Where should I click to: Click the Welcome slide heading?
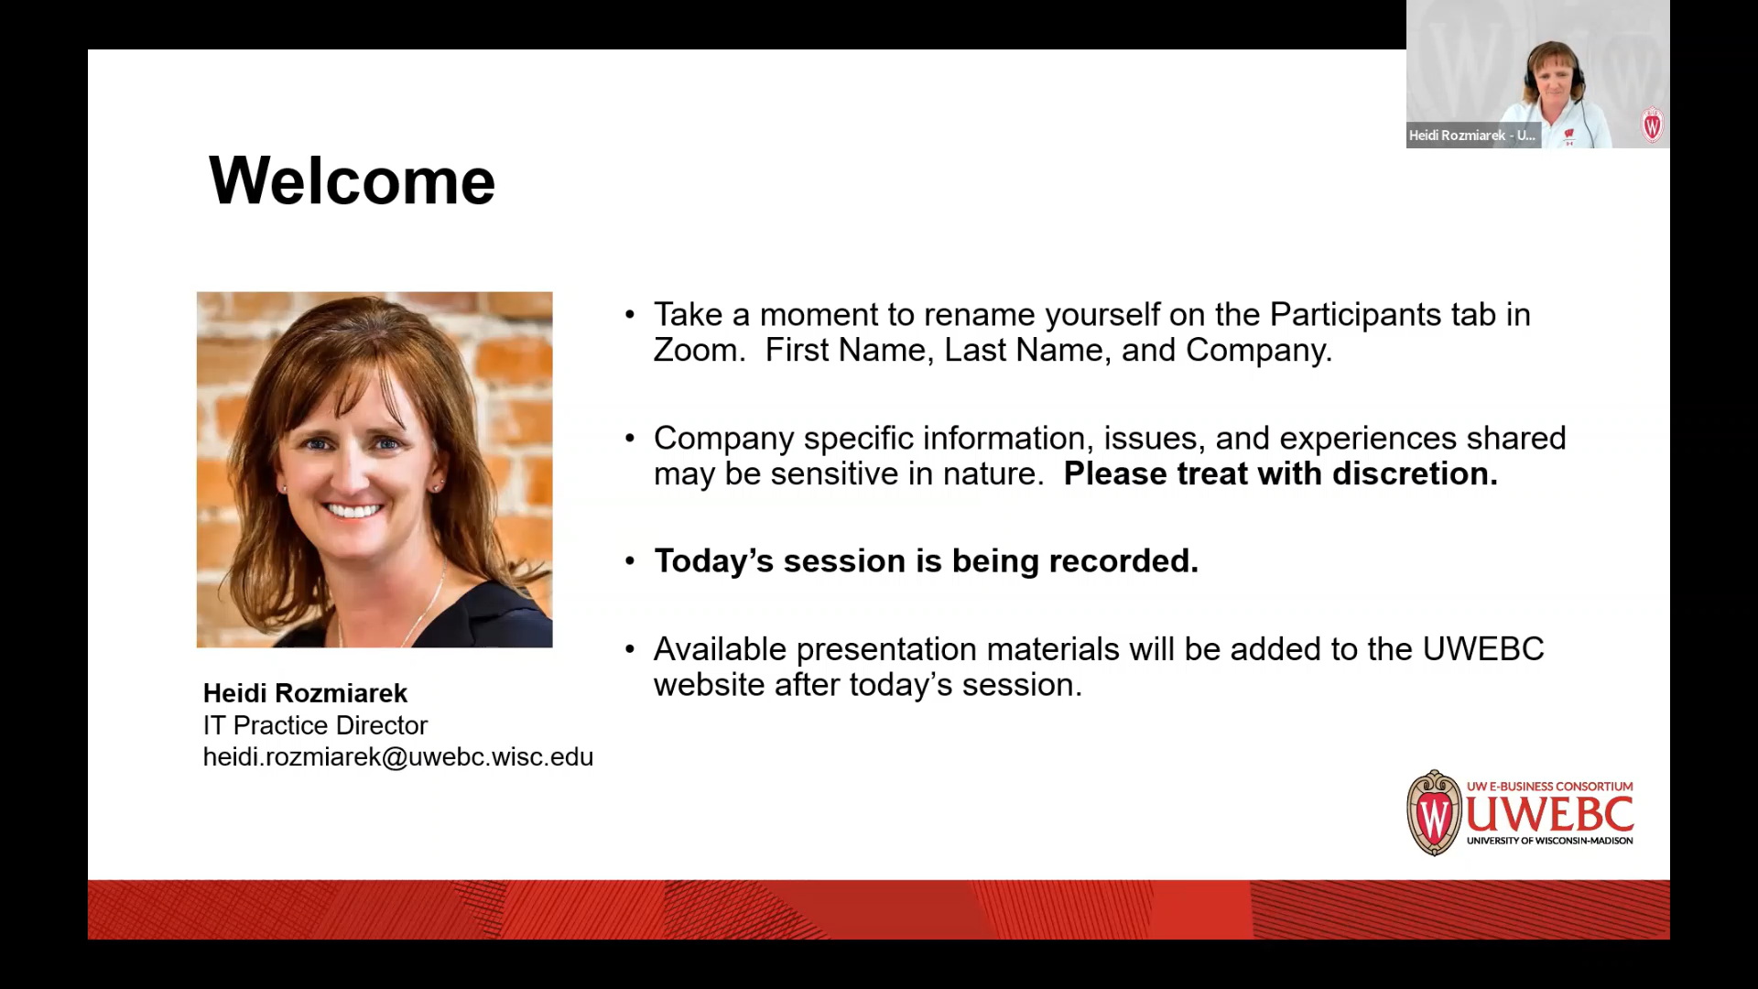(x=353, y=180)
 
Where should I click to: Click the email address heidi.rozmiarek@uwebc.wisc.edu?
(x=398, y=757)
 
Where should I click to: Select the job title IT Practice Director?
(x=315, y=725)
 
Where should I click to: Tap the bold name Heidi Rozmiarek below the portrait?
(x=305, y=693)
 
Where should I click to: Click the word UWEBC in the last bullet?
(x=1483, y=649)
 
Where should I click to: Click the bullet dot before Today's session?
(x=630, y=560)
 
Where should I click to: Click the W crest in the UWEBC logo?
(x=1434, y=813)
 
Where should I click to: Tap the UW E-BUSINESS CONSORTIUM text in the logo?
(x=1549, y=786)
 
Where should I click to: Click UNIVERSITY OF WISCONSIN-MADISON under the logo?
(x=1549, y=841)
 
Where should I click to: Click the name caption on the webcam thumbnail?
(x=1472, y=136)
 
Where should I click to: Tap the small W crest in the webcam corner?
(x=1652, y=125)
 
